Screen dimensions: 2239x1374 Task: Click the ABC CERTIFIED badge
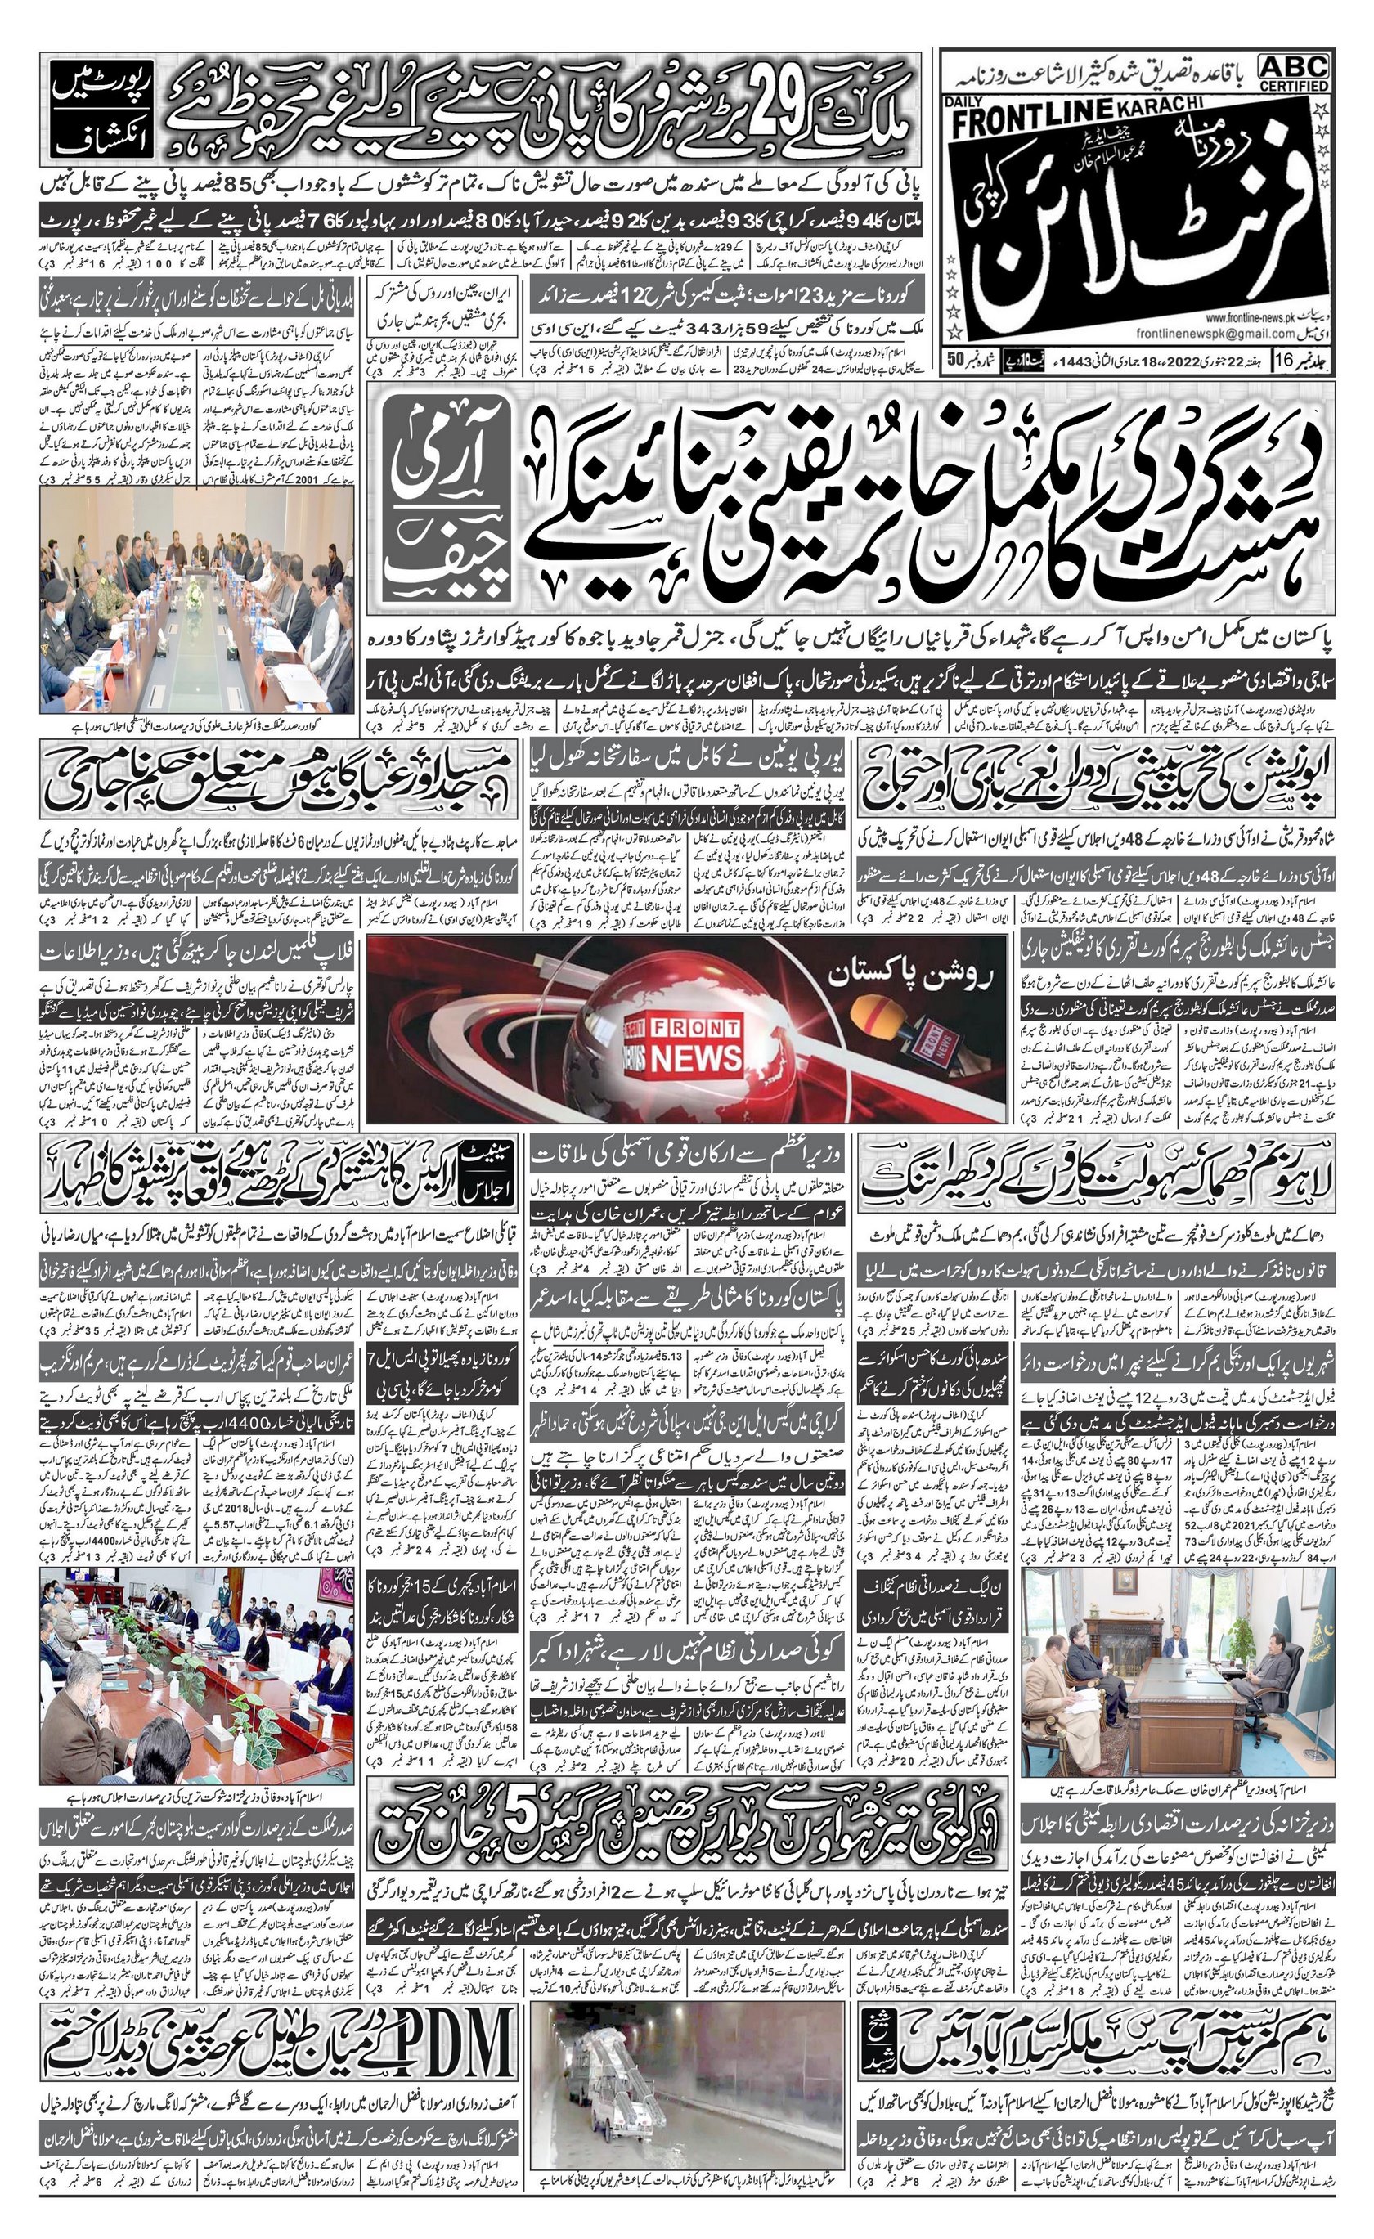1293,72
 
